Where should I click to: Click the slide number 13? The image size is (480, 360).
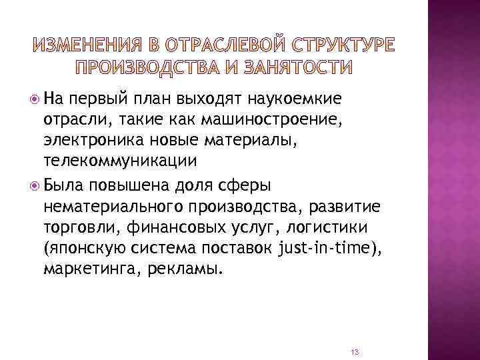tap(355, 351)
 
